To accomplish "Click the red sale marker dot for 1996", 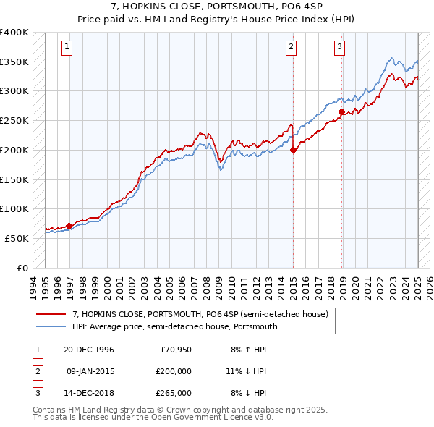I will [69, 226].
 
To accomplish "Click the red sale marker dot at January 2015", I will [293, 150].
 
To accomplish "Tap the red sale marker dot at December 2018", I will [341, 111].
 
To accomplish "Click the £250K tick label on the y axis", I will [14, 120].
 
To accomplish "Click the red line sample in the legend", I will [51, 314].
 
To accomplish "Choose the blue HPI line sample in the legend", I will [51, 326].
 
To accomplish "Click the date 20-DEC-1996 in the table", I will [89, 349].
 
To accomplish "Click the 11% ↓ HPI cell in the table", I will [246, 371].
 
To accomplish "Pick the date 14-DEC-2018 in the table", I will [89, 393].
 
